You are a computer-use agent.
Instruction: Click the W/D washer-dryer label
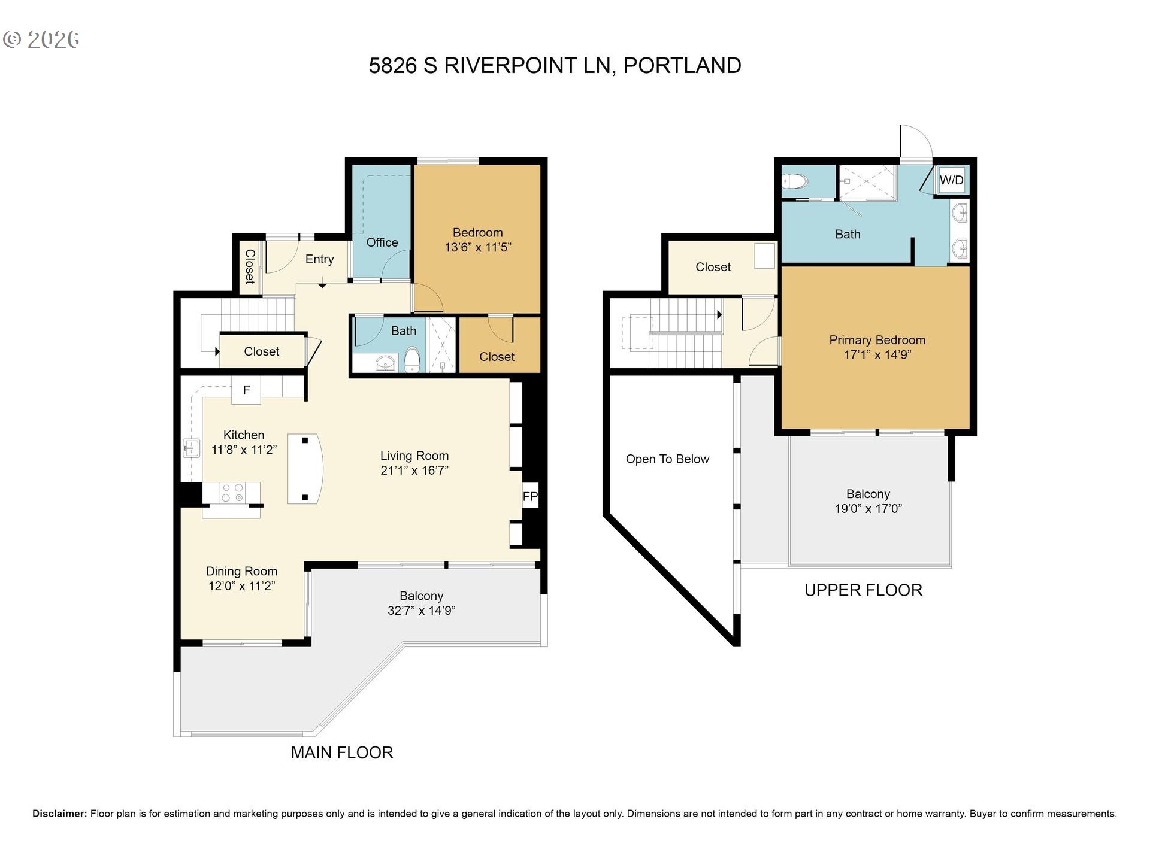951,180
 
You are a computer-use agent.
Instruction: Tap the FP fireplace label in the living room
530,496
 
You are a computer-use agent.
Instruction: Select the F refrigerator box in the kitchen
246,390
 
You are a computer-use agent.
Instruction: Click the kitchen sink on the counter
192,448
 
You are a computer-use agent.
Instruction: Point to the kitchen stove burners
232,493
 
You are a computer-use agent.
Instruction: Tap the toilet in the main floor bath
412,360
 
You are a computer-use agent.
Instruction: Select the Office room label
382,242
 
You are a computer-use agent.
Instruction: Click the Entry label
319,259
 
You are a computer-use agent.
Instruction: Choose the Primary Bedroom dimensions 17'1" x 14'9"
877,354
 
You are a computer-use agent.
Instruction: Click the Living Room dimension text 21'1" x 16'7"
414,471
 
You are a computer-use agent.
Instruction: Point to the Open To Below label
667,459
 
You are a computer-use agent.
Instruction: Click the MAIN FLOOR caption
342,752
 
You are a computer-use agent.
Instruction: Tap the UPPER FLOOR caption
863,590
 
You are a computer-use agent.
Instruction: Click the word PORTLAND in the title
682,65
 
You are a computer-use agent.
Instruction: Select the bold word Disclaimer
59,814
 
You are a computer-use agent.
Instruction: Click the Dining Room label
241,572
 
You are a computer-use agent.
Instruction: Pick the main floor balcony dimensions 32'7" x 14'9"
421,611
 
